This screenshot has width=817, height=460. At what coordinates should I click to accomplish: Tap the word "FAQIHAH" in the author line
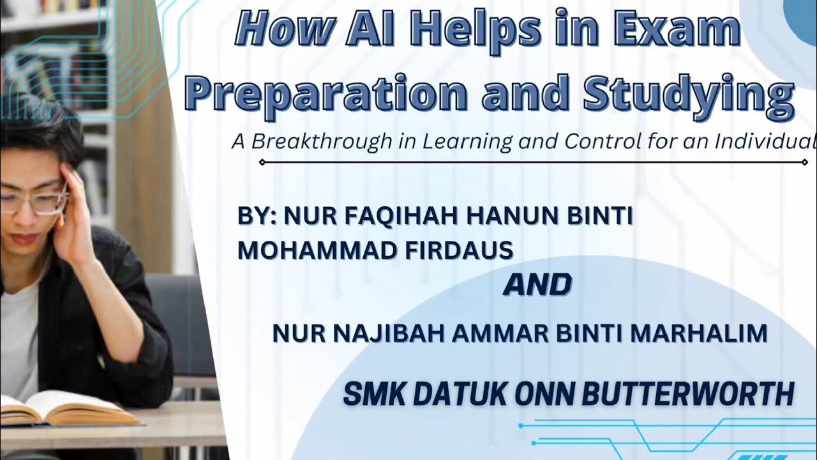coord(405,217)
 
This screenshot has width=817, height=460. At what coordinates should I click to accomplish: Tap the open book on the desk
coord(64,409)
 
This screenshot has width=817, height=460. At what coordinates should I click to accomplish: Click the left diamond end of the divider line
coord(262,162)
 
